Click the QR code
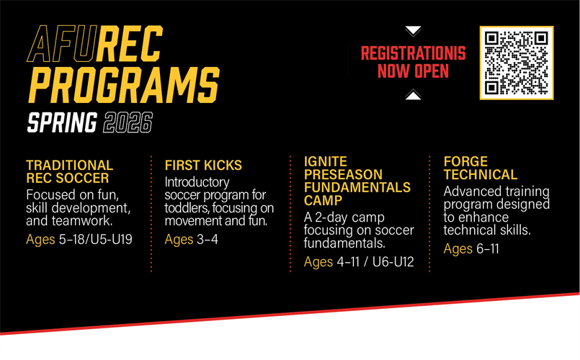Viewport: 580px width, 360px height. click(x=516, y=63)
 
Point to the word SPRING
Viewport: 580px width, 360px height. click(x=62, y=122)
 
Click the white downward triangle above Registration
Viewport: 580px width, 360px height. click(x=413, y=31)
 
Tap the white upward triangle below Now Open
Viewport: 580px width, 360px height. click(x=413, y=94)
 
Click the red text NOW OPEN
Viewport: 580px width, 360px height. click(x=413, y=71)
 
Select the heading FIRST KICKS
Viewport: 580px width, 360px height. click(x=203, y=166)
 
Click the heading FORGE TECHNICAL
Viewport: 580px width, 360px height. click(x=480, y=168)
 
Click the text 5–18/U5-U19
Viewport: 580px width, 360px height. click(x=96, y=239)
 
